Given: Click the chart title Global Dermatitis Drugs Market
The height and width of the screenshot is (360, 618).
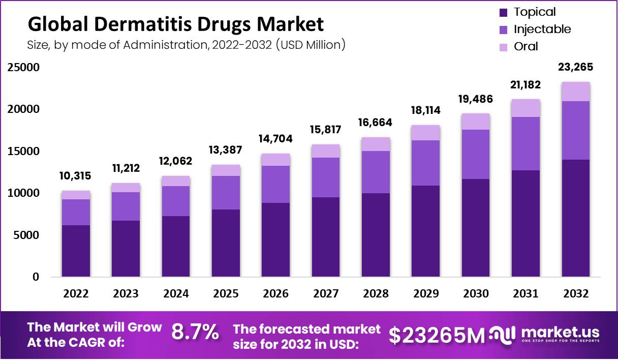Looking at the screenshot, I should (x=175, y=24).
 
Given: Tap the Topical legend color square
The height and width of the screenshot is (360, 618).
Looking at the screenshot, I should (x=503, y=12).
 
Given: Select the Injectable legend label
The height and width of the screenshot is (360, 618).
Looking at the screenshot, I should (x=542, y=29).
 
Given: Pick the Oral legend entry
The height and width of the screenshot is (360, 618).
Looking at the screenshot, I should (x=526, y=46).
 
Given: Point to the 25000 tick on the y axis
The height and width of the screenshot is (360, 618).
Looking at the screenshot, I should (x=23, y=68).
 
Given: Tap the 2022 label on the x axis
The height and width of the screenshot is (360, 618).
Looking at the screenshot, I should (x=76, y=293).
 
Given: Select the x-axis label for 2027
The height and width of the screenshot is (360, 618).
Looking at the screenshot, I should (x=326, y=293).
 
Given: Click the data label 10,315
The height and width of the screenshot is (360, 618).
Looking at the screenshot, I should (x=76, y=176).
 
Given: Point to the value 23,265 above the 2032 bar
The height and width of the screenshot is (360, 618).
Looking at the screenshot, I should (x=576, y=68).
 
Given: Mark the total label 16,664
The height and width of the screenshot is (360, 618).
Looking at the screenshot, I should (x=376, y=123).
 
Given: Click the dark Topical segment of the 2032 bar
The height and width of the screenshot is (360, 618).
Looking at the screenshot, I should (x=576, y=219).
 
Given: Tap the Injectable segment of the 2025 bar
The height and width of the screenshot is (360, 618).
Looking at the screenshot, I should (x=226, y=193).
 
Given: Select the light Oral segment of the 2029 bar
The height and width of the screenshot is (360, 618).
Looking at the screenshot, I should (x=426, y=133).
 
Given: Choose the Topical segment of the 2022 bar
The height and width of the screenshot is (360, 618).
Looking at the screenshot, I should (x=76, y=251).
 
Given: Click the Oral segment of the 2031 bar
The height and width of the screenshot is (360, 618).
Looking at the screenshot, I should (x=526, y=108).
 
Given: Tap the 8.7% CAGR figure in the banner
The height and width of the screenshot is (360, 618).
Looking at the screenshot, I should (x=195, y=333).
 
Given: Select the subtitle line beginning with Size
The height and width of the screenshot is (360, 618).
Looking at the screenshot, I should (x=186, y=45).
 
